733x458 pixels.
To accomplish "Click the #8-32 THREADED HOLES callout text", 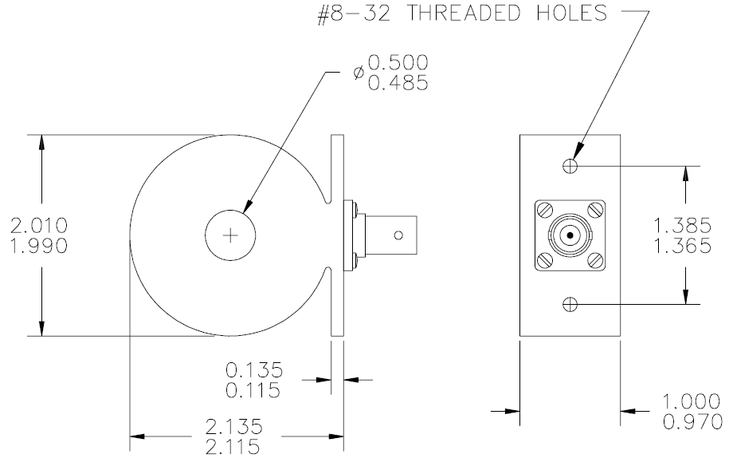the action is [462, 13].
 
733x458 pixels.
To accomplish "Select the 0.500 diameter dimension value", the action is [398, 63].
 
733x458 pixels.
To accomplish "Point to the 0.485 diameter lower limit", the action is [398, 83].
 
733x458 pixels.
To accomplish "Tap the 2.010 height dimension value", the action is [39, 226].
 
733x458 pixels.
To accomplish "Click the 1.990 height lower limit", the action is [39, 246].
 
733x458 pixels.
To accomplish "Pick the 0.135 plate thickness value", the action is [254, 370].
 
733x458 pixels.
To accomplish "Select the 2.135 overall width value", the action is [234, 427].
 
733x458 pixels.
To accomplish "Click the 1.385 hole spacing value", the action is [683, 226].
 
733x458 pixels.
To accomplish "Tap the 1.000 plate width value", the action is [692, 402].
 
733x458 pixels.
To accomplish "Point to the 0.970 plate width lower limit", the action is [693, 422].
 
